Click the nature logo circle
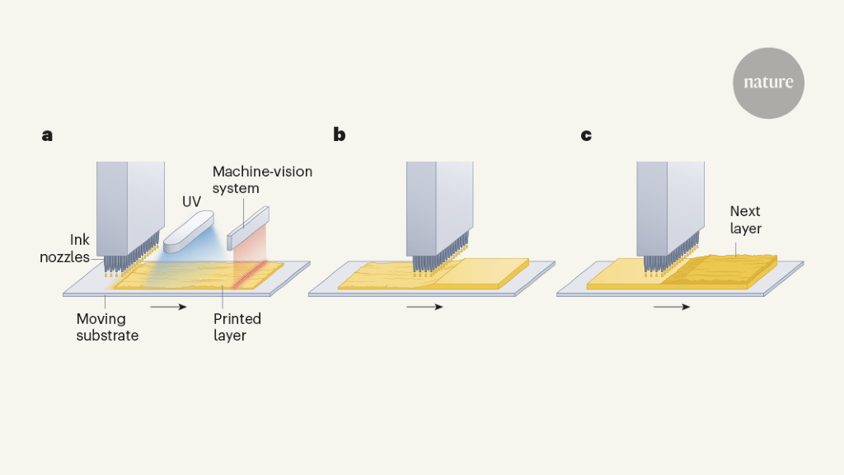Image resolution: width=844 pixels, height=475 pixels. (768, 83)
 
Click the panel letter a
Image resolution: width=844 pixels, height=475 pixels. (47, 135)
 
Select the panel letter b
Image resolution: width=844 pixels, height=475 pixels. (339, 135)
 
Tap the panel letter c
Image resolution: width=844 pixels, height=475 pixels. (586, 135)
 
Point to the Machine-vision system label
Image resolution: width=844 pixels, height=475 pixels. (262, 180)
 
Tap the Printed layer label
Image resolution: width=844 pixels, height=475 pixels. (237, 327)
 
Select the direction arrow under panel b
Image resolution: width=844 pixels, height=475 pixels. (424, 307)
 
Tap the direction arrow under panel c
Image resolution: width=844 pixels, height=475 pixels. (672, 307)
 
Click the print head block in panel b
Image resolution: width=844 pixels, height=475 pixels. (435, 206)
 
